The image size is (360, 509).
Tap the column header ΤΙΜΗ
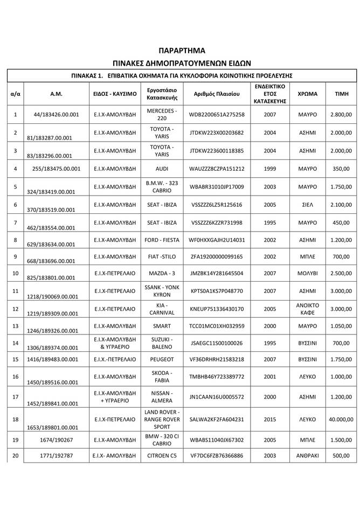tap(342, 94)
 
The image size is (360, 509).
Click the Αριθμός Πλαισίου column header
tap(217, 94)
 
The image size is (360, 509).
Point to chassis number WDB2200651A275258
tap(217, 115)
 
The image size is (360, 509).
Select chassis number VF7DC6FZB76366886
tap(217, 456)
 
